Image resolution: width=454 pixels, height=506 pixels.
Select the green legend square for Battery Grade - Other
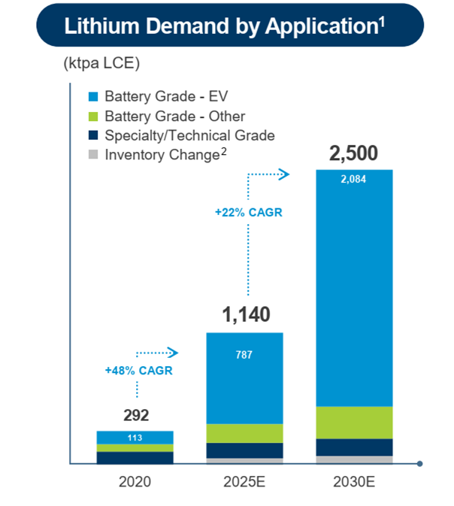coord(93,117)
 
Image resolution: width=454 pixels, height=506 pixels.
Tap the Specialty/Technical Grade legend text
coord(189,135)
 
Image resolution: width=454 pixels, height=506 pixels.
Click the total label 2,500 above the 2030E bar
coord(353,155)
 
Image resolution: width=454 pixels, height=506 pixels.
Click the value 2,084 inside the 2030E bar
coord(353,180)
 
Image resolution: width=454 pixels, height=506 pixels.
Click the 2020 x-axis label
coord(135,481)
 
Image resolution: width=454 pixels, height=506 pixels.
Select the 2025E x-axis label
coord(244,481)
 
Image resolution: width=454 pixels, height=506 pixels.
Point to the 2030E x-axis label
coord(353,481)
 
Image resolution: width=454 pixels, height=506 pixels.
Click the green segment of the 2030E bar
coord(353,423)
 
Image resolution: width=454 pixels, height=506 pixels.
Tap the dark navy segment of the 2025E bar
coord(244,450)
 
